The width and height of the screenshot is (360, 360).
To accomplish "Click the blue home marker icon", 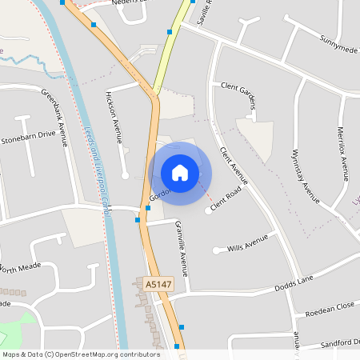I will pos(180,172).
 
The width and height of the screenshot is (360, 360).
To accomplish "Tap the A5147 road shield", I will pos(158,284).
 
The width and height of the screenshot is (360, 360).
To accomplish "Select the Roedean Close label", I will pos(322,306).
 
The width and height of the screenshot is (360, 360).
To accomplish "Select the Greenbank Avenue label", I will pos(57,115).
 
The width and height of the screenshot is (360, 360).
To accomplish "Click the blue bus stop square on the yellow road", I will pos(170,32).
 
